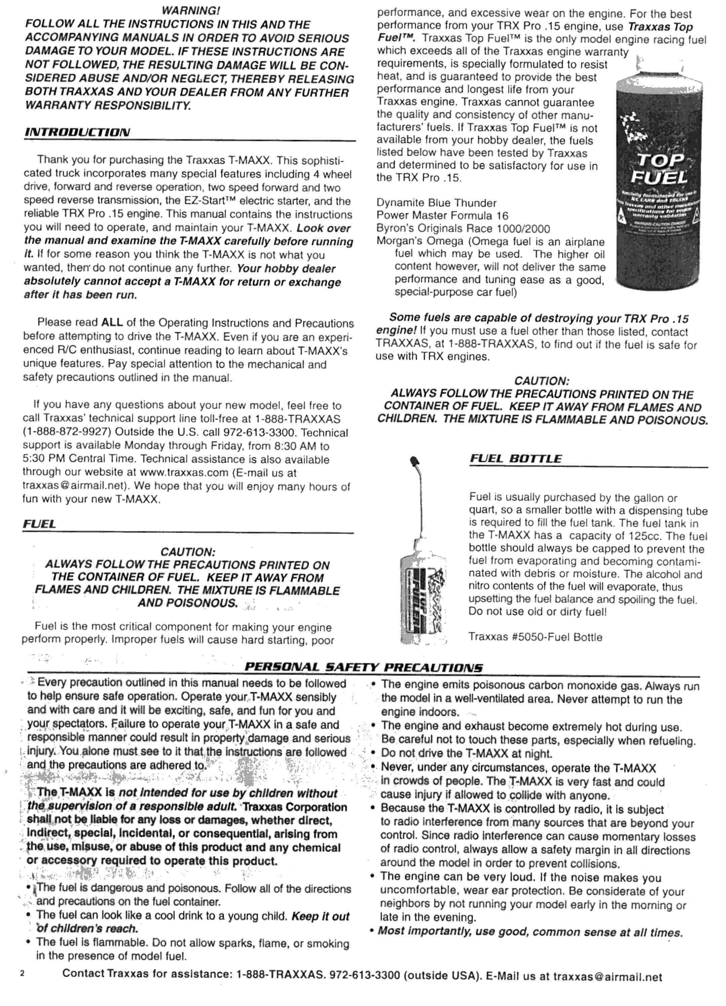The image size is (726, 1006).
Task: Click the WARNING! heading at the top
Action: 191,10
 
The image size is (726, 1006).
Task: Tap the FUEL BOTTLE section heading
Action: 515,459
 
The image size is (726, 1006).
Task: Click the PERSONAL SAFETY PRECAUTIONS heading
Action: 364,667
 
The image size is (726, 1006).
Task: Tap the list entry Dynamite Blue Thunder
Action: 436,203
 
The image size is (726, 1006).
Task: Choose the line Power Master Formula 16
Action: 442,216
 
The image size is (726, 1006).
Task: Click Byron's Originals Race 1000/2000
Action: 463,229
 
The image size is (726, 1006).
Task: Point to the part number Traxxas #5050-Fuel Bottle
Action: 535,637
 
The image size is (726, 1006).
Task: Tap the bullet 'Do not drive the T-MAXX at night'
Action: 466,754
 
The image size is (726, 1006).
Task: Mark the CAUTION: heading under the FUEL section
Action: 188,552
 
